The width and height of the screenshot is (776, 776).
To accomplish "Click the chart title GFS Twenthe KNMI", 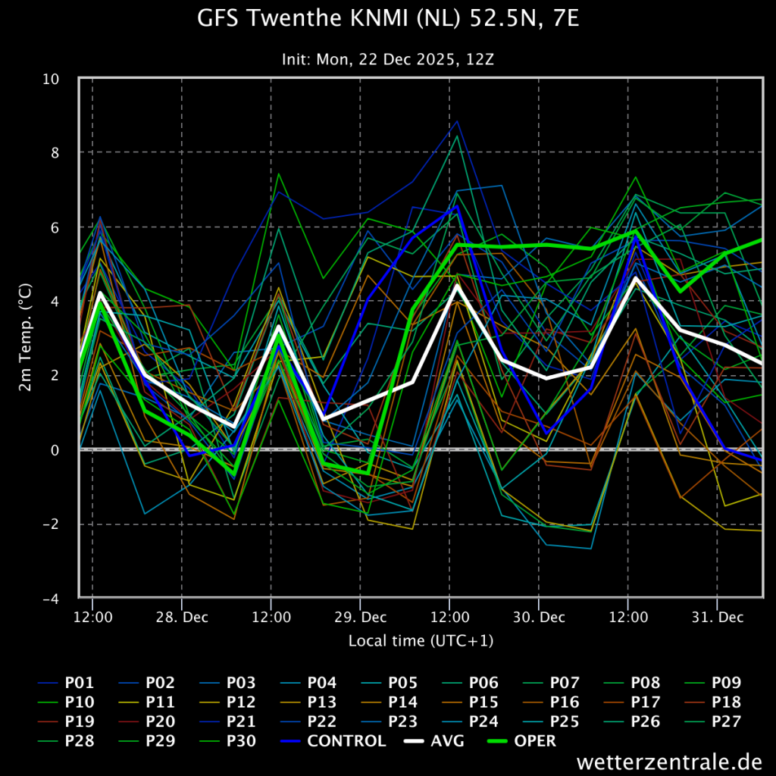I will pyautogui.click(x=387, y=18).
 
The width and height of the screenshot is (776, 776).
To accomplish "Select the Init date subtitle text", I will pyautogui.click(x=387, y=58).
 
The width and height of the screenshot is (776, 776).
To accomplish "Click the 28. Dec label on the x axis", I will pyautogui.click(x=182, y=617).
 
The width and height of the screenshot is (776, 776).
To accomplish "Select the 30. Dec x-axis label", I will pyautogui.click(x=538, y=617).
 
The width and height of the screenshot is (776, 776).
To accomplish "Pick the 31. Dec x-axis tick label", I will pyautogui.click(x=717, y=617).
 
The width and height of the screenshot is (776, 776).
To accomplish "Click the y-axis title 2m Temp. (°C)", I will pyautogui.click(x=25, y=337).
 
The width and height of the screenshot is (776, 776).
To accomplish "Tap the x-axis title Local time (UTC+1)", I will pyautogui.click(x=421, y=641).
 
